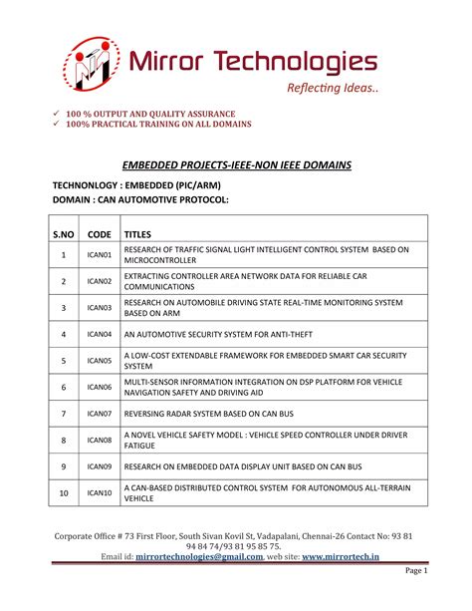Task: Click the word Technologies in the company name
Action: point(300,62)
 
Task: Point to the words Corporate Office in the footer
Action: point(93,536)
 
